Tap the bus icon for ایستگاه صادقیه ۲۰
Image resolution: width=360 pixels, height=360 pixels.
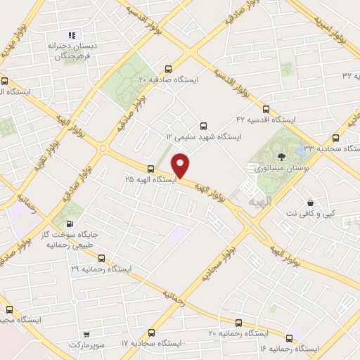[167, 70]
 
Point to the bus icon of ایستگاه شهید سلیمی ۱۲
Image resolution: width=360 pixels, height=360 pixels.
[204, 124]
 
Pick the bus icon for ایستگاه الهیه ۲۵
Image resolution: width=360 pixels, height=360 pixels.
[150, 169]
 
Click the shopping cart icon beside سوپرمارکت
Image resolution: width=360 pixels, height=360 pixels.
[86, 335]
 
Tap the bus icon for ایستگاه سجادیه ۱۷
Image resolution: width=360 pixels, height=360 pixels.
[150, 333]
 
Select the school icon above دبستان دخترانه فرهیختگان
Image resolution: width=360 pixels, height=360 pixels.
[70, 35]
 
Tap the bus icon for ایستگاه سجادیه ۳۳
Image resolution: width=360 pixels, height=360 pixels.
[335, 139]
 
